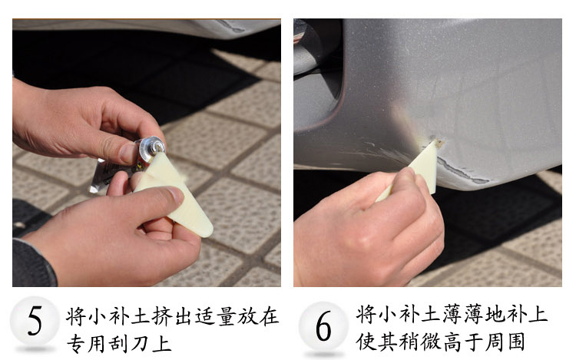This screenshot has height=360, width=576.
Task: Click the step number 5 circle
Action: click(x=35, y=321)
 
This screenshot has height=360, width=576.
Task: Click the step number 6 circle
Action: click(x=323, y=325)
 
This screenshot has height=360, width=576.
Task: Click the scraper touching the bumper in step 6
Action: click(x=422, y=170)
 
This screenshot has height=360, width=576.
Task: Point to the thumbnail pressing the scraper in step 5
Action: click(x=174, y=194)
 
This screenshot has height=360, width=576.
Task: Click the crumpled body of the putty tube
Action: click(x=110, y=174)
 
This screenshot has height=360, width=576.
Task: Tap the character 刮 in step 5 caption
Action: click(x=118, y=344)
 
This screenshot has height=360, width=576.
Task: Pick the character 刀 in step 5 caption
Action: click(x=140, y=344)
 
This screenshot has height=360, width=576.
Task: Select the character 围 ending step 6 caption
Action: click(x=516, y=342)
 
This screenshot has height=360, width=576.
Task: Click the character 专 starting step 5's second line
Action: click(x=76, y=344)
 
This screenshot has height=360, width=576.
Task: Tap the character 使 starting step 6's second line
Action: click(x=366, y=342)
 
